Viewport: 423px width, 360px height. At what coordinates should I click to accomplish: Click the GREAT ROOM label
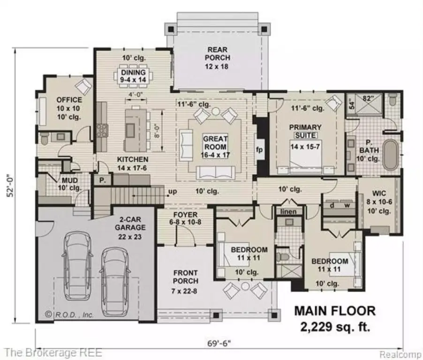(x=215, y=142)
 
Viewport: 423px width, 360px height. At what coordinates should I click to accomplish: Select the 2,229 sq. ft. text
(x=334, y=326)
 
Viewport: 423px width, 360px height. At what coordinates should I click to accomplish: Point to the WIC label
(x=378, y=193)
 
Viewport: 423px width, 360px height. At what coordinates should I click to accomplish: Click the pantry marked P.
(x=101, y=179)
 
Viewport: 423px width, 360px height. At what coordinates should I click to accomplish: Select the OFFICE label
(x=69, y=100)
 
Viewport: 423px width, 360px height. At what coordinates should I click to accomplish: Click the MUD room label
(x=69, y=180)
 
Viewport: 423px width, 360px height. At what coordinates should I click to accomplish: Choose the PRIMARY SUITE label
(x=305, y=131)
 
